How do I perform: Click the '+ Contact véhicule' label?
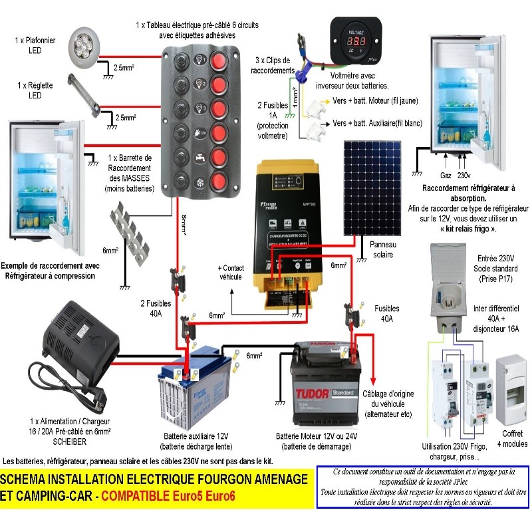[230, 272]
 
